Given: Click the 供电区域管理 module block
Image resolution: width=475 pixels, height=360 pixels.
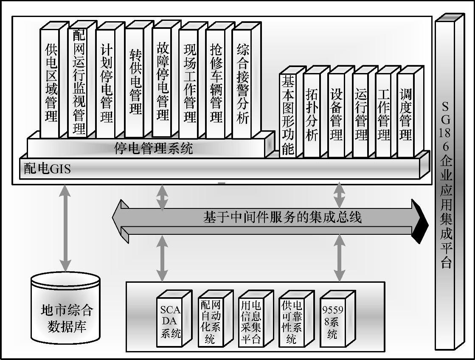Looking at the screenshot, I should [x=51, y=83].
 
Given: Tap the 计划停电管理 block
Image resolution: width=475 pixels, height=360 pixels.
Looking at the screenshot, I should [x=106, y=83].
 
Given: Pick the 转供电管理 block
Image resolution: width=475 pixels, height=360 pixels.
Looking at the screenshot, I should [x=135, y=83].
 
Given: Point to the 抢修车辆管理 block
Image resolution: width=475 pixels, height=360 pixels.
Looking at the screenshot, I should [x=216, y=83].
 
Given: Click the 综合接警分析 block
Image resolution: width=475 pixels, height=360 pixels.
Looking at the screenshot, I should [x=243, y=83].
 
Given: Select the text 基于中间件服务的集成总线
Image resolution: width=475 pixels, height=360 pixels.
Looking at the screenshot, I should [x=282, y=218].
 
